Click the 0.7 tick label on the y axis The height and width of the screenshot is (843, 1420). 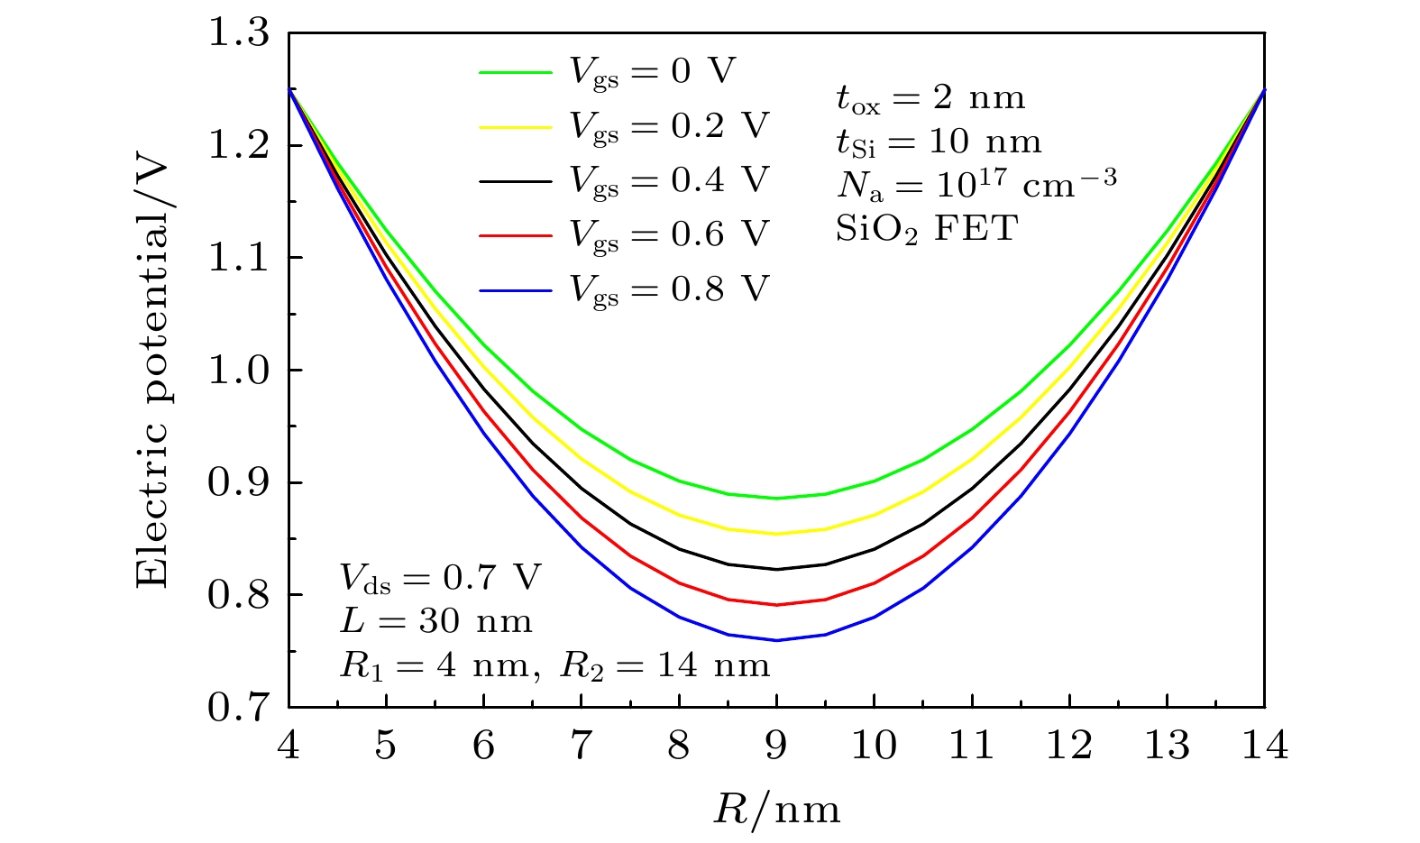239,708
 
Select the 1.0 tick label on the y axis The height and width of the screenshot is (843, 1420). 239,371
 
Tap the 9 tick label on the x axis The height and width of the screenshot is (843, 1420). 776,747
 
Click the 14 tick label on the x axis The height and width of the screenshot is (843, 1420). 1263,747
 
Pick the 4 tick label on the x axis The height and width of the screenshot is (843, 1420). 289,747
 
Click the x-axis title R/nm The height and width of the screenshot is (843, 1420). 777,809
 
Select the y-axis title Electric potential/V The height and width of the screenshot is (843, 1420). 153,371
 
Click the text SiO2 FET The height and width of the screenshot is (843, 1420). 926,228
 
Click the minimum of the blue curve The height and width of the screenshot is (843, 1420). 776,640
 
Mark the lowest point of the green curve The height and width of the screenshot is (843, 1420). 776,498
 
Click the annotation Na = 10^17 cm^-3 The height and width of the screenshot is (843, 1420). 976,184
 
